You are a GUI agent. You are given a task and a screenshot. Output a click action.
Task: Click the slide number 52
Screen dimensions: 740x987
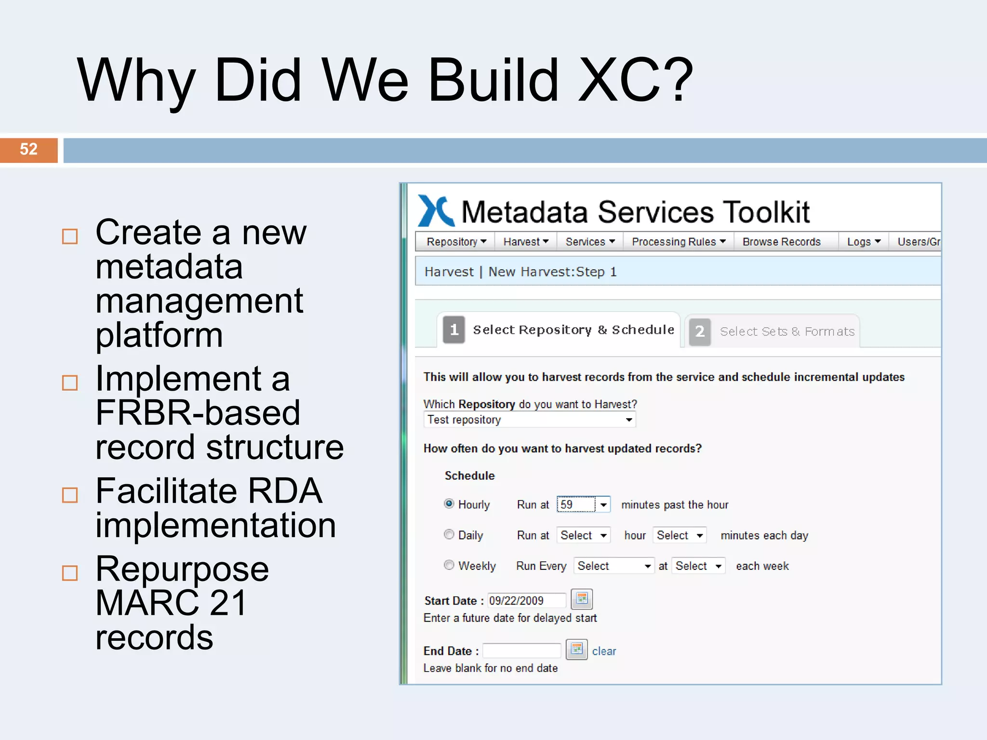pyautogui.click(x=28, y=149)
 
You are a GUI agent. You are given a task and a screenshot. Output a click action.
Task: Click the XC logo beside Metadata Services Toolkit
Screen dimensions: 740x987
pyautogui.click(x=435, y=211)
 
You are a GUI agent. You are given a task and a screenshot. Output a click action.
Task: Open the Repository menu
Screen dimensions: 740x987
pyautogui.click(x=456, y=242)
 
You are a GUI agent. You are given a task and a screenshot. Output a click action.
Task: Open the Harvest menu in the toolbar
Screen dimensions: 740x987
pyautogui.click(x=525, y=242)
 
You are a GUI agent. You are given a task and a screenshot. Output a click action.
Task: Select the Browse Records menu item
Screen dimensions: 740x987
pyautogui.click(x=781, y=242)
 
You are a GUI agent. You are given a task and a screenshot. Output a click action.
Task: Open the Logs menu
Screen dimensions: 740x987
pyautogui.click(x=863, y=242)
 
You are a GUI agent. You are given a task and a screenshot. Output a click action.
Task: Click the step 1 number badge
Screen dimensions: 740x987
pyautogui.click(x=453, y=330)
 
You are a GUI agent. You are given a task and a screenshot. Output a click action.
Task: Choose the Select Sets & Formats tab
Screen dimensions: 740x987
pyautogui.click(x=786, y=331)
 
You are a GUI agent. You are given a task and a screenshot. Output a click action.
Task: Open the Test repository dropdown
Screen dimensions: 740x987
pyautogui.click(x=529, y=420)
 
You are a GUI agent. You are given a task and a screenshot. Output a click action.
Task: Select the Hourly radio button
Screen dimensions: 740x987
pyautogui.click(x=449, y=504)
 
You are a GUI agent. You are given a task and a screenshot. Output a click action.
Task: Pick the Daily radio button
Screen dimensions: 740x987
pyautogui.click(x=449, y=535)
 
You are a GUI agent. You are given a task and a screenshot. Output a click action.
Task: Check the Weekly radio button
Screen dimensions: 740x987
pyautogui.click(x=449, y=565)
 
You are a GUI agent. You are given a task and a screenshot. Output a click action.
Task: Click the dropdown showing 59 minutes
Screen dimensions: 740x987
pyautogui.click(x=583, y=504)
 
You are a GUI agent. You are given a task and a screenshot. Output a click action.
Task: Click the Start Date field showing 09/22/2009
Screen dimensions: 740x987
pyautogui.click(x=526, y=601)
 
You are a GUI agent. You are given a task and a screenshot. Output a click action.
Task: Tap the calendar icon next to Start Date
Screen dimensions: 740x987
pyautogui.click(x=582, y=599)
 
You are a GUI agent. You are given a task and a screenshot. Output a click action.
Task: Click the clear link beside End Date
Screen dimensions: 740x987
pyautogui.click(x=604, y=651)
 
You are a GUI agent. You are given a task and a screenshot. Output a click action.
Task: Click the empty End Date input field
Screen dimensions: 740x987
pyautogui.click(x=521, y=651)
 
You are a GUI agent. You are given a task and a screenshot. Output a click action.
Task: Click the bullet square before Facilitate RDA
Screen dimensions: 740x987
pyautogui.click(x=70, y=495)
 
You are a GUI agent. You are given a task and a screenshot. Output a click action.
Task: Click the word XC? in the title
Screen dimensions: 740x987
pyautogui.click(x=635, y=81)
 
